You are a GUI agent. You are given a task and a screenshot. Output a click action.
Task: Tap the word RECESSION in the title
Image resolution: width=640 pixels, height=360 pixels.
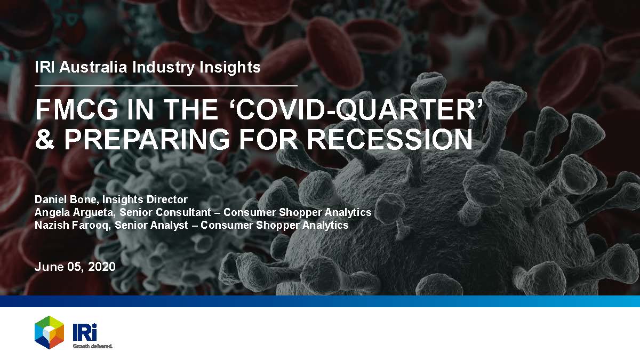[390, 139]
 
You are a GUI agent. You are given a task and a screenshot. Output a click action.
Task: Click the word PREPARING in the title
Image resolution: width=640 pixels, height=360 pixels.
[147, 139]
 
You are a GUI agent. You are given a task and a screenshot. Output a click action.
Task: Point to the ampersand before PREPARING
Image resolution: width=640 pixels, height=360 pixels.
[45, 139]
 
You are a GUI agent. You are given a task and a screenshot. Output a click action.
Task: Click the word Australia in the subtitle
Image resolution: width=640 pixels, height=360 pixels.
[93, 67]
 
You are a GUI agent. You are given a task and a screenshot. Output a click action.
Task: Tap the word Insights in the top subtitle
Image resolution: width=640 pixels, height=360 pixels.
[230, 67]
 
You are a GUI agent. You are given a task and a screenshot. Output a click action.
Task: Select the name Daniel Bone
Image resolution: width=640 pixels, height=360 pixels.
[66, 199]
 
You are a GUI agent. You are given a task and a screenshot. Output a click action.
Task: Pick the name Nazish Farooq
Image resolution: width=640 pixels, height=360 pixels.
[72, 225]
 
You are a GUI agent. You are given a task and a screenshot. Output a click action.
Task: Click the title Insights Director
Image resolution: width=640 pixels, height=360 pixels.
[145, 199]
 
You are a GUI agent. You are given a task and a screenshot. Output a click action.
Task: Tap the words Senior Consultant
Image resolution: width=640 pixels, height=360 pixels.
[165, 212]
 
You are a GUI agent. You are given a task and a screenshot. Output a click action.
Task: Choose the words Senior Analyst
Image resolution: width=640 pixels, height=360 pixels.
[151, 225]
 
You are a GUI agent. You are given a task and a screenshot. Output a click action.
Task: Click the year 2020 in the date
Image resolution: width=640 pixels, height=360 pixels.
[102, 267]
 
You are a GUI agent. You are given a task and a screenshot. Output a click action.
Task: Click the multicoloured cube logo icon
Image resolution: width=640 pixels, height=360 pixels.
[49, 332]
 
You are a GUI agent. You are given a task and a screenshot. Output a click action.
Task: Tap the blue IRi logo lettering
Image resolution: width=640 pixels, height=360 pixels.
[85, 332]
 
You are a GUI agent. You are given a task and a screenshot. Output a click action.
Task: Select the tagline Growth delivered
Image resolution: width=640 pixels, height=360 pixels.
[93, 346]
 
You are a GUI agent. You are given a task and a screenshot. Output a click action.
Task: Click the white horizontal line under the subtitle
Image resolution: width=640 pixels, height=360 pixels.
[166, 85]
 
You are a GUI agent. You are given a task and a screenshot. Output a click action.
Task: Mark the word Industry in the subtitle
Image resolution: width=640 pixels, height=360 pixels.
[163, 67]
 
